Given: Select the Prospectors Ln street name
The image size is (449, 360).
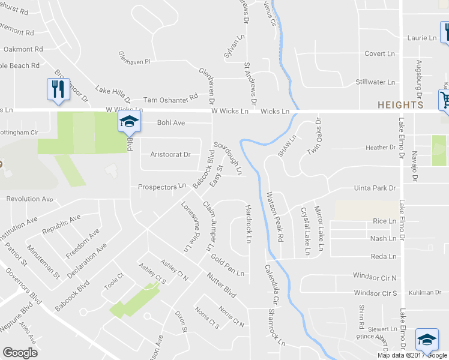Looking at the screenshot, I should coord(162,187).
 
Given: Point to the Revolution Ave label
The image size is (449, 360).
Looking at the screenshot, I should coord(29,199).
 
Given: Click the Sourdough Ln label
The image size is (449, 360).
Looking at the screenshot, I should coord(229,158).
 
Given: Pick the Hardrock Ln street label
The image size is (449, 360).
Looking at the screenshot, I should coord(248,224).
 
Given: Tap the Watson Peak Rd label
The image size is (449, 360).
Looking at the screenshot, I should coord(275,217).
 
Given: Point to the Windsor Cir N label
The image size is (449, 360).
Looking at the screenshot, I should coord(375,278).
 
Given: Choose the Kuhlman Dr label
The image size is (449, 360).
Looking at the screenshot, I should coord(426,293).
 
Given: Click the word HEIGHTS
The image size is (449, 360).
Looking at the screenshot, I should coord(400,105).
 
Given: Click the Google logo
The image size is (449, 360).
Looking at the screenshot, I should coord(20,352).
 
